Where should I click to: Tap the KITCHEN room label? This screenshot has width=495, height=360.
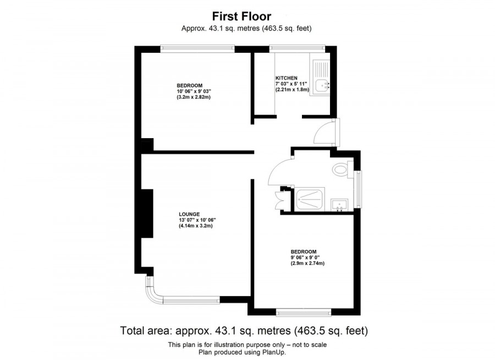pyautogui.click(x=287, y=78)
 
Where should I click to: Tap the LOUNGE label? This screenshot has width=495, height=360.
pyautogui.click(x=189, y=214)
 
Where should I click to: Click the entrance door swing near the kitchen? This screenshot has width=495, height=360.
pyautogui.click(x=326, y=133)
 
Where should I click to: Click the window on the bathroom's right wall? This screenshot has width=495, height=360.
pyautogui.click(x=359, y=189)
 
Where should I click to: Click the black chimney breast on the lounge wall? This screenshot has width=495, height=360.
pyautogui.click(x=147, y=214)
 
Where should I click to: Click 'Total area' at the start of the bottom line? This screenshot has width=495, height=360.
pyautogui.click(x=145, y=331)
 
